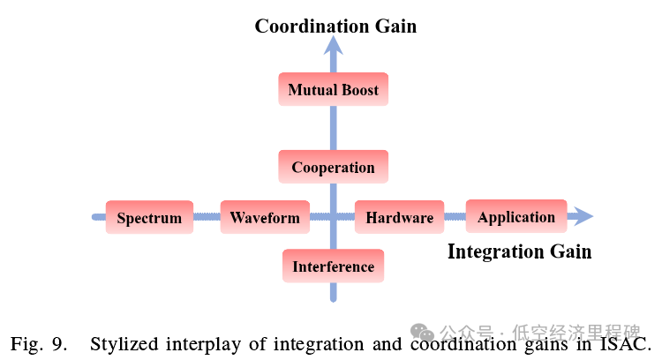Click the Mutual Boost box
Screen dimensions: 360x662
pyautogui.click(x=333, y=90)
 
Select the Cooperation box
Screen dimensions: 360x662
pyautogui.click(x=333, y=168)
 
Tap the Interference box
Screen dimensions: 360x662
pyautogui.click(x=333, y=266)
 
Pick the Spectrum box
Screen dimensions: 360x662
pyautogui.click(x=149, y=218)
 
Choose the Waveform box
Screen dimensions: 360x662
pyautogui.click(x=265, y=217)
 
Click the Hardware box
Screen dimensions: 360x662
pyautogui.click(x=399, y=218)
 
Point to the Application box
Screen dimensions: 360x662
pyautogui.click(x=516, y=217)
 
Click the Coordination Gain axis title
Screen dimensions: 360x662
pyautogui.click(x=335, y=26)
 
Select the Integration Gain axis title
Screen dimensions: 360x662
pyautogui.click(x=519, y=251)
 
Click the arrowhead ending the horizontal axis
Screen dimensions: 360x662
pyautogui.click(x=583, y=216)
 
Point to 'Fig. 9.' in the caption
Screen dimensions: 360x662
pyautogui.click(x=39, y=343)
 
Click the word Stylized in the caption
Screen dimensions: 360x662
pyautogui.click(x=123, y=343)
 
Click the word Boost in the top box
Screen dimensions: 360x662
pyautogui.click(x=359, y=90)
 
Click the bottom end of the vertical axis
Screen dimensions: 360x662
pyautogui.click(x=333, y=297)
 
